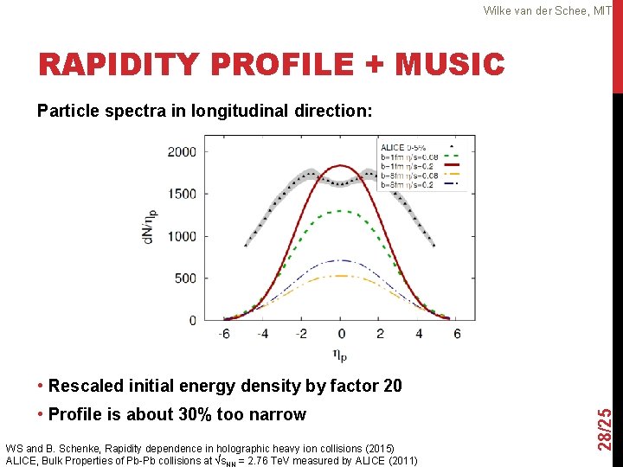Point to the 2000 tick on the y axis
181,152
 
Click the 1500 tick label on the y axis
181,195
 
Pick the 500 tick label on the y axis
184,278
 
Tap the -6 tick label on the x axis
224,334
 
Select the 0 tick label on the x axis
341,334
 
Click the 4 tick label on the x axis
419,334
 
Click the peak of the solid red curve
341,166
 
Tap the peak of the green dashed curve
341,211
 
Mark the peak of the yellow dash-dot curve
341,276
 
